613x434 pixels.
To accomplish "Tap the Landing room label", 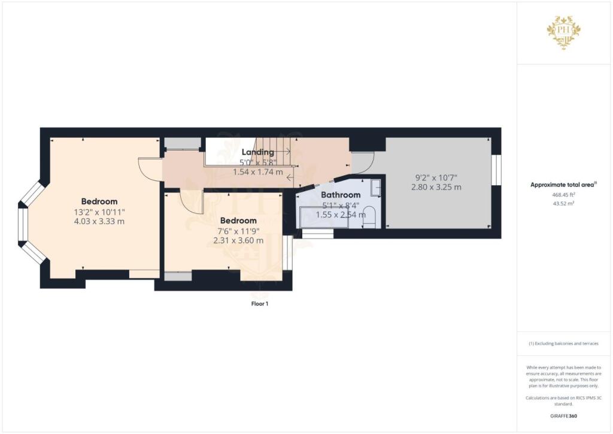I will tap(257, 152).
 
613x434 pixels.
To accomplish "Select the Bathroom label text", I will tap(341, 195).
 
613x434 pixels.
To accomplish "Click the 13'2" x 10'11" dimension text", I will tap(99, 212).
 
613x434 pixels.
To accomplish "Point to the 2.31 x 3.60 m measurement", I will tap(238, 240).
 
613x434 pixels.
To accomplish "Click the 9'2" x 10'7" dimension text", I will tap(436, 177).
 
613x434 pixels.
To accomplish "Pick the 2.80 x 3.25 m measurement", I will tap(436, 187).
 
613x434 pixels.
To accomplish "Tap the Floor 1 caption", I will tap(260, 304).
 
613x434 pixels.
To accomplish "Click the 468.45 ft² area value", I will tap(565, 195).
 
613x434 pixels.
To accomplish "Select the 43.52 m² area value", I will tap(565, 203).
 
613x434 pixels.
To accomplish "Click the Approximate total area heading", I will tap(563, 185).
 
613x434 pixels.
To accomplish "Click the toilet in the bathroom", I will tap(369, 216).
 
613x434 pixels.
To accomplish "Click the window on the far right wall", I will tap(496, 171).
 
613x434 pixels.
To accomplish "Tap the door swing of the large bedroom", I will tap(149, 168).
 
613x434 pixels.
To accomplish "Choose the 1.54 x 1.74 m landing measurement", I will tap(257, 171).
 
